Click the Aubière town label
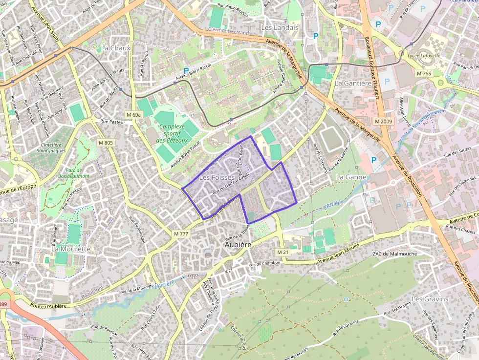click(x=238, y=244)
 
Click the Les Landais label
click(x=280, y=28)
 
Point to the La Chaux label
click(x=116, y=48)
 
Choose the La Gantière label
click(x=353, y=83)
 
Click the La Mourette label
click(x=71, y=249)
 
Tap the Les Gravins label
click(x=430, y=298)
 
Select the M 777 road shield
click(x=181, y=234)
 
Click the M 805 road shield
click(x=105, y=143)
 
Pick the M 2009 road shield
click(x=384, y=121)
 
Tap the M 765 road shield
click(x=424, y=73)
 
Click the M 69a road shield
click(x=133, y=115)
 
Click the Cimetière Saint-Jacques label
click(x=51, y=148)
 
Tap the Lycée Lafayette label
click(x=423, y=55)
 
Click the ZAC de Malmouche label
click(x=394, y=254)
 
